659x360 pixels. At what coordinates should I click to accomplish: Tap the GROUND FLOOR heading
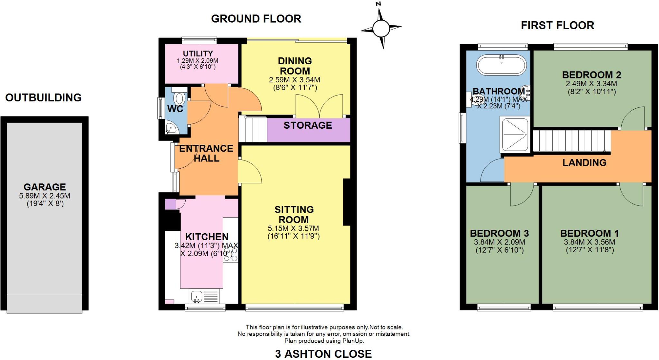point(256,19)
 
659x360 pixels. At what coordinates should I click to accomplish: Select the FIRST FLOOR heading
point(557,25)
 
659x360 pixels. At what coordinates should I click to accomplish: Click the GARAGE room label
point(44,187)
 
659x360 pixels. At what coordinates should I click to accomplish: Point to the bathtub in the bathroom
point(501,66)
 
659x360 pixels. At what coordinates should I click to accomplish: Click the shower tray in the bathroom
point(514,134)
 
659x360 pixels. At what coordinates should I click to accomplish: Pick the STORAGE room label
point(308,125)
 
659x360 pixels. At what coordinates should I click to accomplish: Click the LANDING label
point(584,162)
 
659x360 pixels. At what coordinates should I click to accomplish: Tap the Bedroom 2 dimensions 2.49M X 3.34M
point(591,84)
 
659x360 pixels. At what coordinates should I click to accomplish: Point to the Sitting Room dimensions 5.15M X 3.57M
point(293,228)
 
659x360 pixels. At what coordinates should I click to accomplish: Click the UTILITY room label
point(198,54)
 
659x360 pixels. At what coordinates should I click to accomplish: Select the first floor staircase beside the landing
point(572,141)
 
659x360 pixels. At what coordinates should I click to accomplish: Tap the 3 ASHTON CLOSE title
point(323,354)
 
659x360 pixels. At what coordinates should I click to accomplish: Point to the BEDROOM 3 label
point(499,233)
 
